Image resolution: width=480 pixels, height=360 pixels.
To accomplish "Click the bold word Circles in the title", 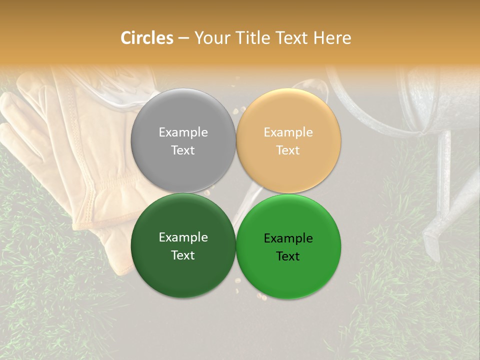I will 147,38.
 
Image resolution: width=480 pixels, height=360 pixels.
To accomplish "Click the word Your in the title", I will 210,38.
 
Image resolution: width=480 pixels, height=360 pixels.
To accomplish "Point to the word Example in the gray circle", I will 183,132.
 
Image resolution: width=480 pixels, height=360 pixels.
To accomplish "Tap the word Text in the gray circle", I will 183,150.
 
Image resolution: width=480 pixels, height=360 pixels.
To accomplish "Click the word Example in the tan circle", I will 288,132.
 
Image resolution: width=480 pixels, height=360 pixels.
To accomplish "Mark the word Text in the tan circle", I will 288,150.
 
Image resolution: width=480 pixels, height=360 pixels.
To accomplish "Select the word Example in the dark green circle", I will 183,237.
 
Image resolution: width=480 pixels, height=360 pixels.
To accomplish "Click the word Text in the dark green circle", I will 183,255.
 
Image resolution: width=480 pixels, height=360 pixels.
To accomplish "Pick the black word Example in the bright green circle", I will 288,238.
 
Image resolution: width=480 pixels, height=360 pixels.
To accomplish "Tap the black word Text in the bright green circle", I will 288,256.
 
